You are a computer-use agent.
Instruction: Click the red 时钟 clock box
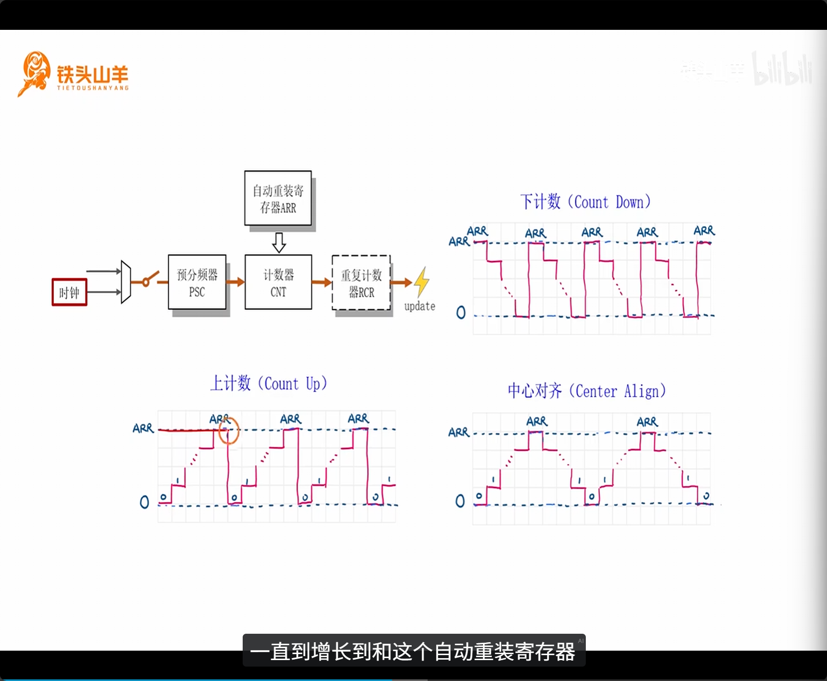coord(70,292)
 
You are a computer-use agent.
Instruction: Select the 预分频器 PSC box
coord(197,283)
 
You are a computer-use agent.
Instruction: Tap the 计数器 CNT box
coord(278,283)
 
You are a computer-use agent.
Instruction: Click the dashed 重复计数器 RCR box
coord(361,283)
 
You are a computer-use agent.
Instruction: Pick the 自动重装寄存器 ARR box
coord(278,198)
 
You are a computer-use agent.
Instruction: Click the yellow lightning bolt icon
coord(422,281)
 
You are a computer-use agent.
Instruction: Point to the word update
coord(420,306)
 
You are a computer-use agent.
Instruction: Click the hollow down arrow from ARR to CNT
coord(279,242)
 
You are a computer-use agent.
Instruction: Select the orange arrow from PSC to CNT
coord(236,282)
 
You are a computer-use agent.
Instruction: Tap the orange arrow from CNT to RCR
coord(322,283)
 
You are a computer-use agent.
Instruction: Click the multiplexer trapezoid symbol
coord(126,282)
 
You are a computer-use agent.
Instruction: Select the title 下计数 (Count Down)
coord(585,202)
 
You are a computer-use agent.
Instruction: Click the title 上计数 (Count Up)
coord(269,384)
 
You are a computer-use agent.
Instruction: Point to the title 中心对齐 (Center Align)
coord(586,391)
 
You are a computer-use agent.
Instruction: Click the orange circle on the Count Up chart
coord(229,430)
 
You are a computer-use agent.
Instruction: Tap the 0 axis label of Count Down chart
coord(461,312)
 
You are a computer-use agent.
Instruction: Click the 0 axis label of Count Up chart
coord(144,502)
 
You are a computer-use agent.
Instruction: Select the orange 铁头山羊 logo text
coord(92,75)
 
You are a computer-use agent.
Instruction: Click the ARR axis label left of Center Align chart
coord(459,432)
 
